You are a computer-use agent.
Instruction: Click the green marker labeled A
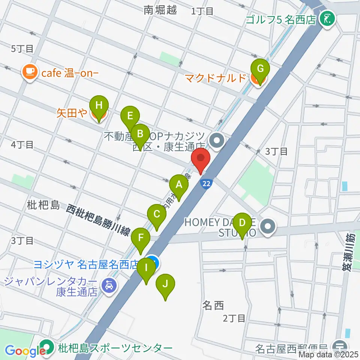coord(179,185)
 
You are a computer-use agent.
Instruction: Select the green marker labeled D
coord(243,223)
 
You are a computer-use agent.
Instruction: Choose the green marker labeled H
coord(99,105)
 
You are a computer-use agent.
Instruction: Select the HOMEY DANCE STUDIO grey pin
coord(268,226)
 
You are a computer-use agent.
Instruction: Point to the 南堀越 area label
coord(160,10)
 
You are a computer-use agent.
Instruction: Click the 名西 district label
coord(213,305)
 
